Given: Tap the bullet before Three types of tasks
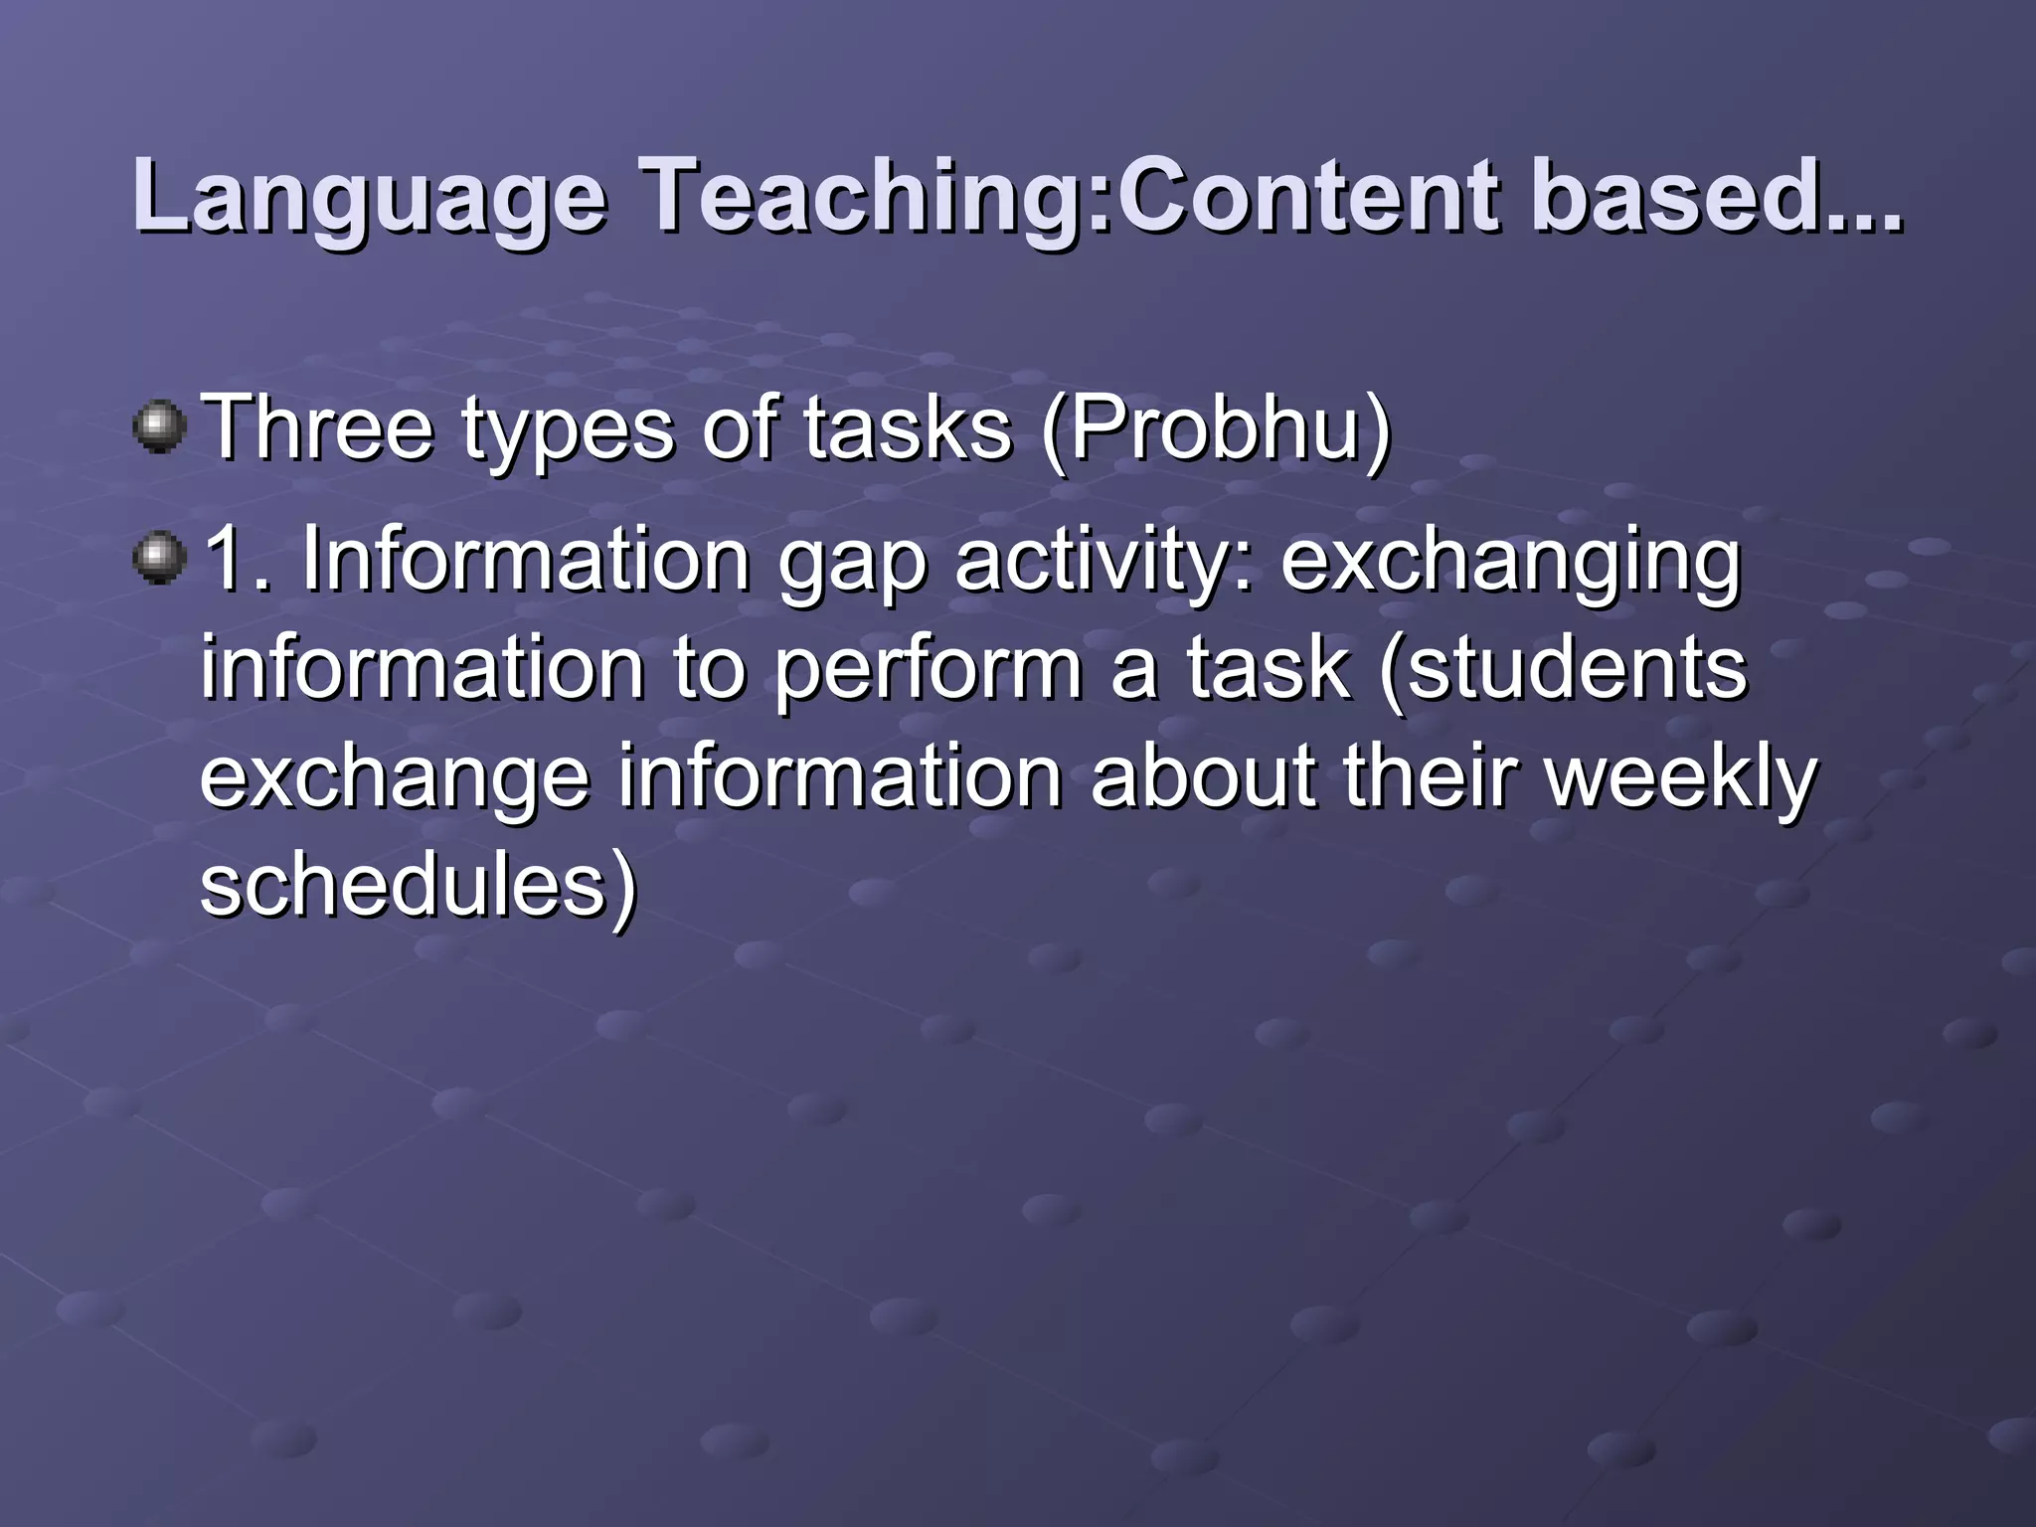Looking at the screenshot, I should [159, 427].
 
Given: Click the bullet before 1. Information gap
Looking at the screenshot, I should [159, 559].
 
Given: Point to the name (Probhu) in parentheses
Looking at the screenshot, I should [1215, 429].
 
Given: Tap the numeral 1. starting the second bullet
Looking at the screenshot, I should [237, 559].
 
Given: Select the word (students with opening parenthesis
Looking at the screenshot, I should [1562, 670].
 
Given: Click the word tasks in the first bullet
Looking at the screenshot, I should [908, 429].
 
